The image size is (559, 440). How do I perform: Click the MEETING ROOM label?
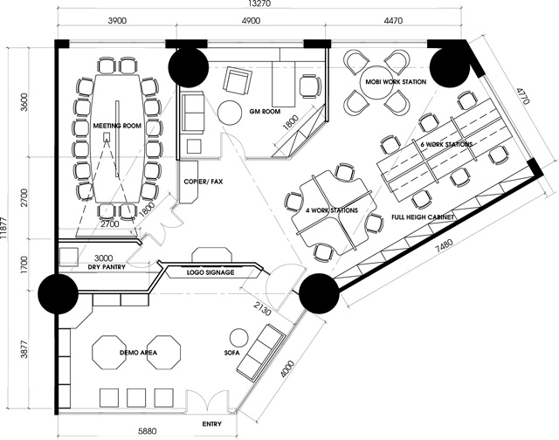(117, 126)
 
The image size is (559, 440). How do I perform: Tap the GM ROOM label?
(265, 112)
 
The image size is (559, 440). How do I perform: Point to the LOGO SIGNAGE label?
(210, 272)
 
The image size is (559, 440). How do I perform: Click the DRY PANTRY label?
(107, 266)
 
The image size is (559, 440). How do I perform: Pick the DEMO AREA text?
(138, 353)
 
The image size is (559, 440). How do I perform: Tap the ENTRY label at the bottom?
(211, 424)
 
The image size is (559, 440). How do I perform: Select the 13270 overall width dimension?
(260, 3)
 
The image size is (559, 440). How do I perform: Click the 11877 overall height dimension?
(3, 228)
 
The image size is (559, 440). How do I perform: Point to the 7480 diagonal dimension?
(443, 247)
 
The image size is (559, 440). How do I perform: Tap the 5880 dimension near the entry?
(148, 431)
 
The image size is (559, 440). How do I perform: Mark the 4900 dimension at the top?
(251, 21)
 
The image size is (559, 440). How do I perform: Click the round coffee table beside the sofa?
(238, 337)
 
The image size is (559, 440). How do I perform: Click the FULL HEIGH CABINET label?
(423, 217)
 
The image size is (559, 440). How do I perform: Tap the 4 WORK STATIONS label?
(332, 210)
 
